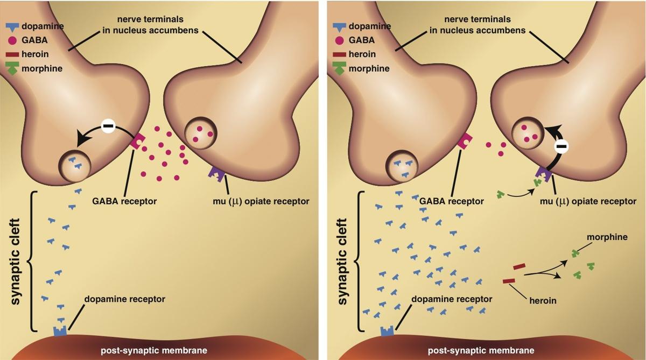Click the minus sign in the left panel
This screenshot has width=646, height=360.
(108, 127)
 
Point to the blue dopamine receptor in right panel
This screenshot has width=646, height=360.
(387, 330)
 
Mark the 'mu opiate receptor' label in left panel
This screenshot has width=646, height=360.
(261, 201)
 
